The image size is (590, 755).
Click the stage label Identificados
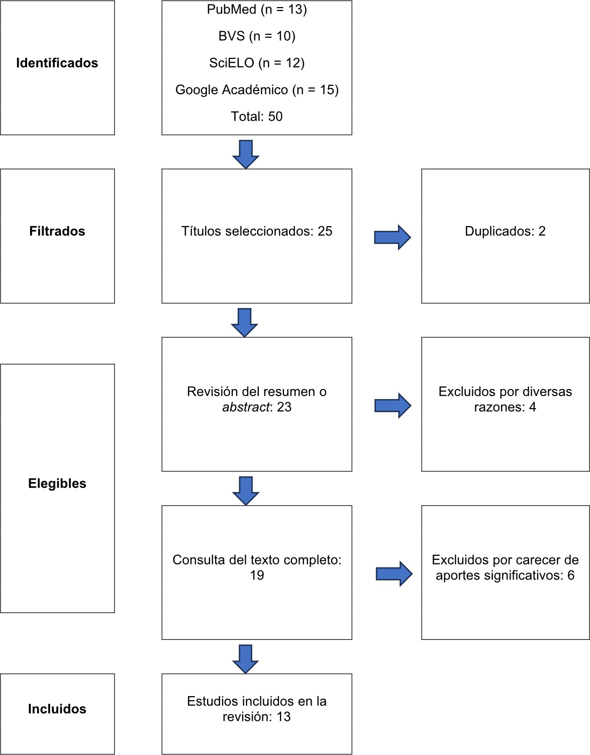(57, 63)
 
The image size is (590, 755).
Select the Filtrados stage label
(57, 231)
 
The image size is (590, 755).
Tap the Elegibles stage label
(57, 484)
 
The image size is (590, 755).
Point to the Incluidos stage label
(57, 709)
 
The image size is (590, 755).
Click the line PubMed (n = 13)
(257, 10)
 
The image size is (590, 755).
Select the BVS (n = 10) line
(257, 36)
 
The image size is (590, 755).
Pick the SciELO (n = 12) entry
(257, 63)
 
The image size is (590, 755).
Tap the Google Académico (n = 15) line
(257, 90)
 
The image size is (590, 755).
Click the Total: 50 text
(257, 117)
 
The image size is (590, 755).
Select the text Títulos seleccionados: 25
(257, 231)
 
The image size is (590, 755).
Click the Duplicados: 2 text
(505, 231)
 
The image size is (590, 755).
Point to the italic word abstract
(246, 407)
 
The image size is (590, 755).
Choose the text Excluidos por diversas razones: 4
(505, 399)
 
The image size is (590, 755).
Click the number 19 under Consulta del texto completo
(257, 576)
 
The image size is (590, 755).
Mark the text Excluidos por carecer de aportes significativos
(505, 568)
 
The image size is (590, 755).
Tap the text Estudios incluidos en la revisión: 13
(257, 709)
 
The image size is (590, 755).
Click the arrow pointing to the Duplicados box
(392, 237)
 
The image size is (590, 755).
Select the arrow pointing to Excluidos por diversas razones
(392, 406)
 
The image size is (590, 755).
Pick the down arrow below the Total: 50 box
(246, 154)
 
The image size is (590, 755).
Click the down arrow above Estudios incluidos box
(246, 658)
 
